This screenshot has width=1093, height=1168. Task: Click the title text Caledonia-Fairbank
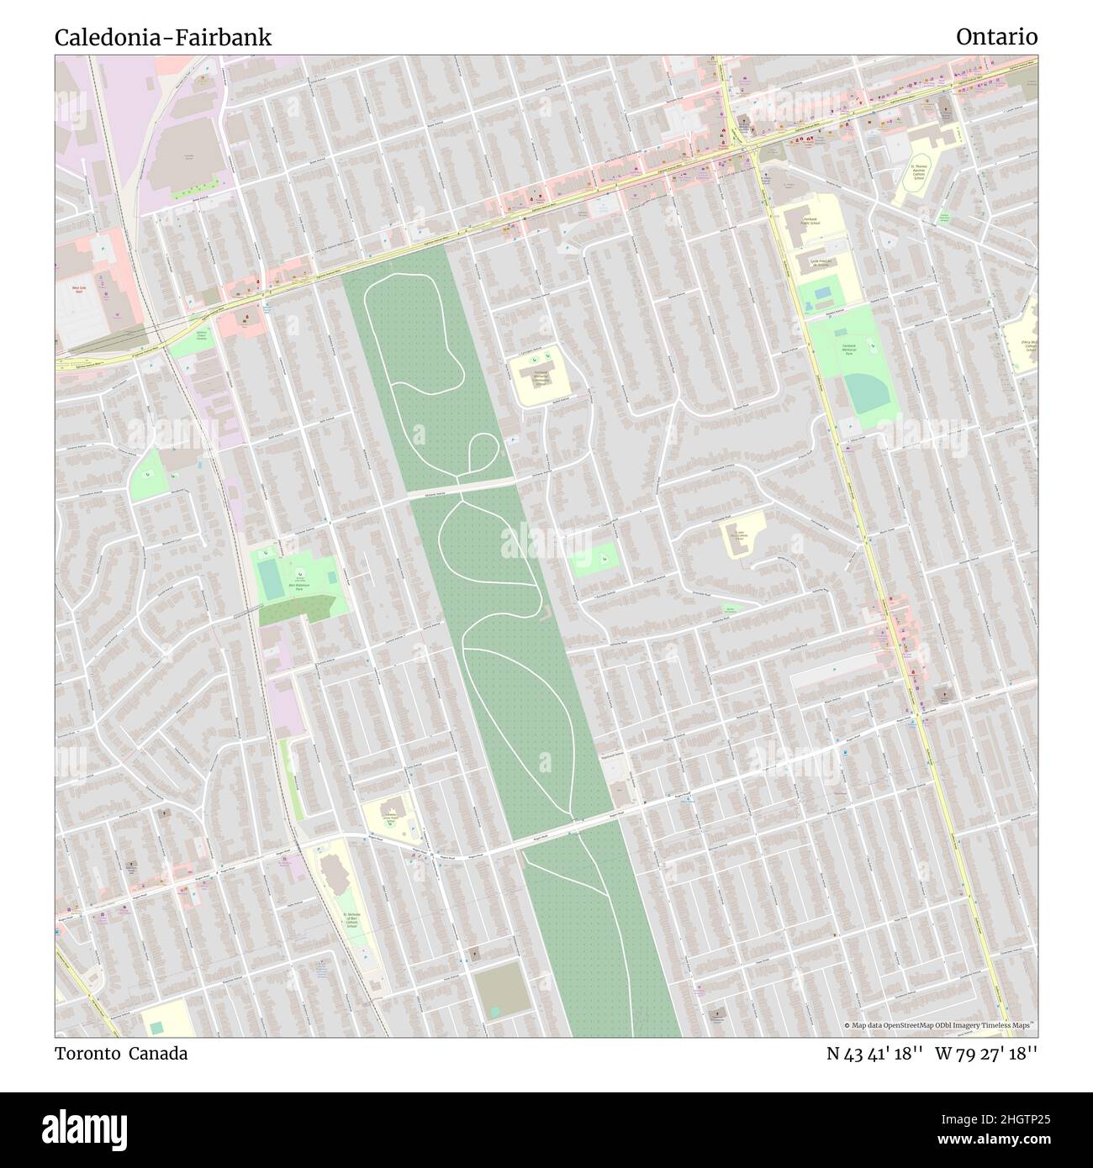click(163, 38)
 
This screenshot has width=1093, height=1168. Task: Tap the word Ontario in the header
click(996, 37)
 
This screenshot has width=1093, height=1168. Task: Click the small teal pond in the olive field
click(495, 1011)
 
